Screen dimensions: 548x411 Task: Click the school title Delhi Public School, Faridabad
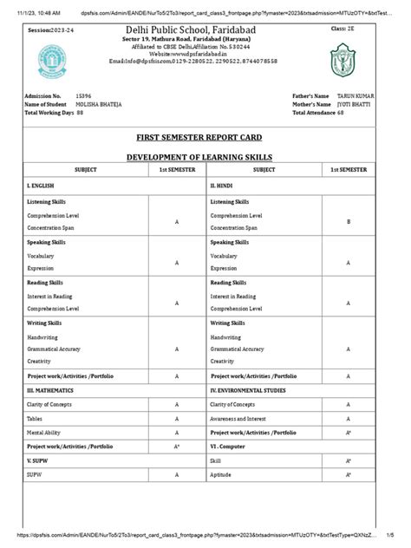[205, 31]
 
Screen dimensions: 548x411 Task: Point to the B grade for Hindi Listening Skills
[348, 222]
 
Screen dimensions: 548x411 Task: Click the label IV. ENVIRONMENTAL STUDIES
[248, 391]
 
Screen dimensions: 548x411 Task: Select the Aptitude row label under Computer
[222, 476]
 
